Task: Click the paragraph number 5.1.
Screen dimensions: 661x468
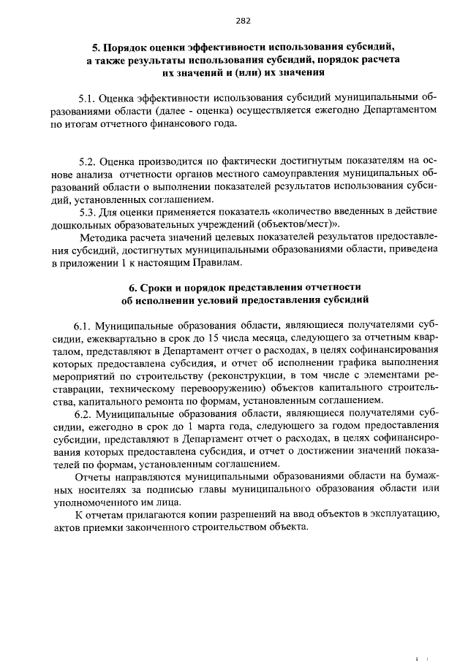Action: pyautogui.click(x=87, y=97)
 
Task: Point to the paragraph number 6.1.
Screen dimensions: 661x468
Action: pyautogui.click(x=83, y=324)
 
